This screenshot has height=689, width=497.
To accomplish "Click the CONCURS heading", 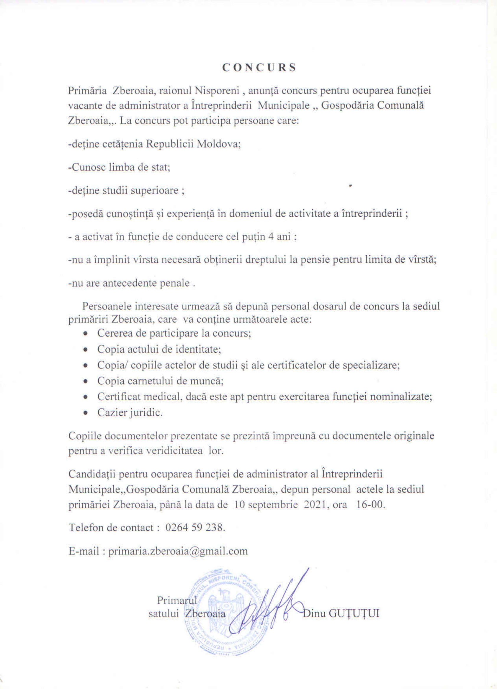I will (259, 67).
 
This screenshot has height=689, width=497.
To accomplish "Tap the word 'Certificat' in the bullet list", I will (118, 396).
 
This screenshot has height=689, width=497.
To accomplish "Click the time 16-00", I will (370, 504).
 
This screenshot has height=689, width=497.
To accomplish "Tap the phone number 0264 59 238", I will (195, 528).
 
